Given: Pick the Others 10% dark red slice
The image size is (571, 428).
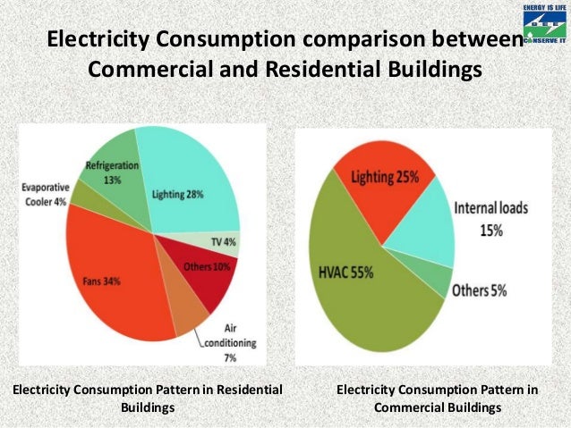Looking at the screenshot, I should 204,272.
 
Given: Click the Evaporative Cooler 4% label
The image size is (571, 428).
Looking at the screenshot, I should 44,194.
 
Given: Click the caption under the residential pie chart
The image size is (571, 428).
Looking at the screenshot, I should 147,399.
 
